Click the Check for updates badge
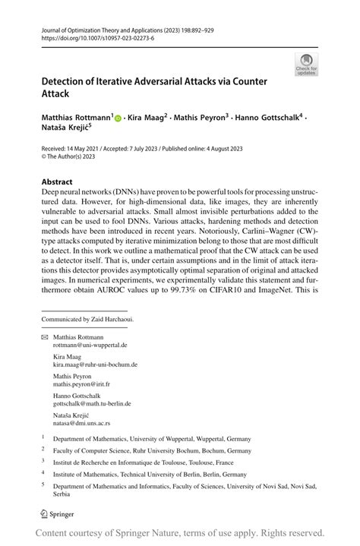point(307,64)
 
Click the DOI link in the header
point(88,38)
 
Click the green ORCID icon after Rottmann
point(118,118)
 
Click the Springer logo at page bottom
point(58,514)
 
